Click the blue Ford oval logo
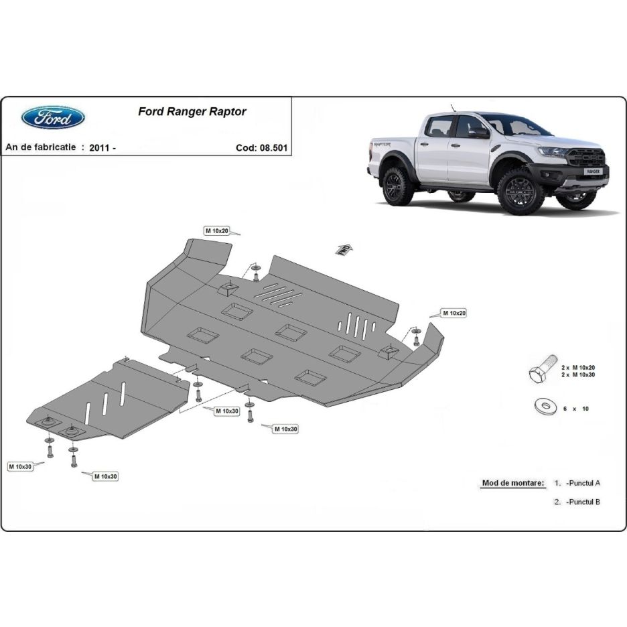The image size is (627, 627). click(x=53, y=117)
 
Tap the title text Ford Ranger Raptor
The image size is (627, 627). click(x=192, y=112)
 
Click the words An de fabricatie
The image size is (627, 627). click(x=41, y=147)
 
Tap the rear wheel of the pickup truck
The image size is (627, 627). click(x=398, y=186)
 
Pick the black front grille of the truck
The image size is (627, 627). click(x=586, y=158)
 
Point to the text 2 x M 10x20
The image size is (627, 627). click(x=577, y=368)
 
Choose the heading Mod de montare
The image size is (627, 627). click(x=513, y=482)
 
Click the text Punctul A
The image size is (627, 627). click(x=583, y=482)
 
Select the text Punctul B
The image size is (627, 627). click(x=583, y=502)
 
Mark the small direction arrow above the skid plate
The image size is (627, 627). click(x=344, y=249)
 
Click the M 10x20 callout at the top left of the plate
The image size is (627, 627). click(x=217, y=230)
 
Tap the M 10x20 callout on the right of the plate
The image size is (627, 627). click(x=453, y=313)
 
